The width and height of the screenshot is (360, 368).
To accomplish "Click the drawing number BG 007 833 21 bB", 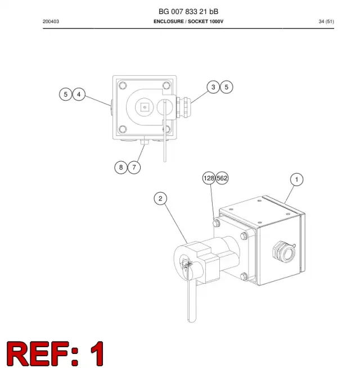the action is pos(188,11).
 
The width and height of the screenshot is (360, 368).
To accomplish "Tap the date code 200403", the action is pos(51,21).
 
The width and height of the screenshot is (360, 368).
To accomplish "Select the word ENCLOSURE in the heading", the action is pos(169,21).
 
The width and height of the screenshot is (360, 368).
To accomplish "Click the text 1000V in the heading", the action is pos(217,21).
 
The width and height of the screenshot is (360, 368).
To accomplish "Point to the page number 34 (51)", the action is pos(326,21).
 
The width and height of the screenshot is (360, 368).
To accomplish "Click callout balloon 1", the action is pos(296,180).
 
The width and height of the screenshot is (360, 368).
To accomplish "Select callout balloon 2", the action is pos(160,198).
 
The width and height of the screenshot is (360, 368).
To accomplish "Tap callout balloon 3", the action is pos(213,87).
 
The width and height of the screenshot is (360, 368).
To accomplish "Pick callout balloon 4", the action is pos(79,94).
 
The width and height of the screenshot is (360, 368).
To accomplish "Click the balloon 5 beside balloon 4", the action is pos(66,94).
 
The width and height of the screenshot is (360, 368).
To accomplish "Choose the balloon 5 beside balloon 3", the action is pos(226,87).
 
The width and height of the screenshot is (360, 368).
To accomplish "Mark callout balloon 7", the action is pos(134,167).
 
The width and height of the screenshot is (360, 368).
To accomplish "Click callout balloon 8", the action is pos(121,167).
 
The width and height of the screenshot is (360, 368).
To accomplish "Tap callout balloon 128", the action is pos(209,178).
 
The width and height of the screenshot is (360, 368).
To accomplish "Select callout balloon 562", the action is pos(222,178).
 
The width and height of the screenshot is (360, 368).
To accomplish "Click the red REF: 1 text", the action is pos(55,353).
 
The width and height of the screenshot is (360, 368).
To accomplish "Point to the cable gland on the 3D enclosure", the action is pos(283,252).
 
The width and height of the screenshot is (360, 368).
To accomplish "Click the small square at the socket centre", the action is pos(145,107).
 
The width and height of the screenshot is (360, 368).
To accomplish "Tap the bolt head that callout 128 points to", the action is pos(217,222).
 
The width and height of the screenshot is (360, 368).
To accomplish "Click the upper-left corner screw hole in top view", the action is pos(123,85).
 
